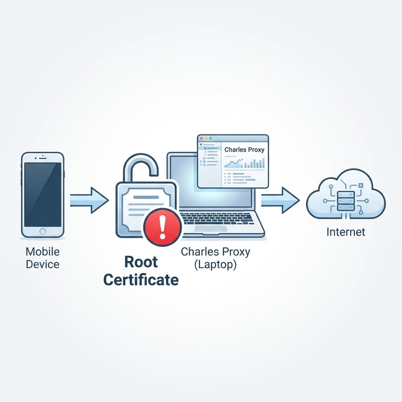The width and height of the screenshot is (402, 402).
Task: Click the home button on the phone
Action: pyautogui.click(x=43, y=231)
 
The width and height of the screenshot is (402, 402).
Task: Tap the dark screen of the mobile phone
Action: pyautogui.click(x=43, y=195)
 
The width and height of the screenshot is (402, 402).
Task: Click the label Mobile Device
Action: pyautogui.click(x=42, y=258)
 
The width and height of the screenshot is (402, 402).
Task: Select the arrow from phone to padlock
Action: pyautogui.click(x=90, y=200)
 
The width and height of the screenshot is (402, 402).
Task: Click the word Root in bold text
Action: pyautogui.click(x=141, y=262)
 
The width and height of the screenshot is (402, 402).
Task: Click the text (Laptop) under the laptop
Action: pyautogui.click(x=215, y=265)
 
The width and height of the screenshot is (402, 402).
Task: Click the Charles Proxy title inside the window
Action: pyautogui.click(x=244, y=150)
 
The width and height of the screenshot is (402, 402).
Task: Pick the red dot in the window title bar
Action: pyautogui.click(x=201, y=139)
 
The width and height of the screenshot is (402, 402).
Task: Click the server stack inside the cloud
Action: pyautogui.click(x=346, y=200)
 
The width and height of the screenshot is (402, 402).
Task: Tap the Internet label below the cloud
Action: pyautogui.click(x=346, y=232)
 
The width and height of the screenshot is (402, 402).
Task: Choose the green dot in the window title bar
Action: pyautogui.click(x=210, y=139)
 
